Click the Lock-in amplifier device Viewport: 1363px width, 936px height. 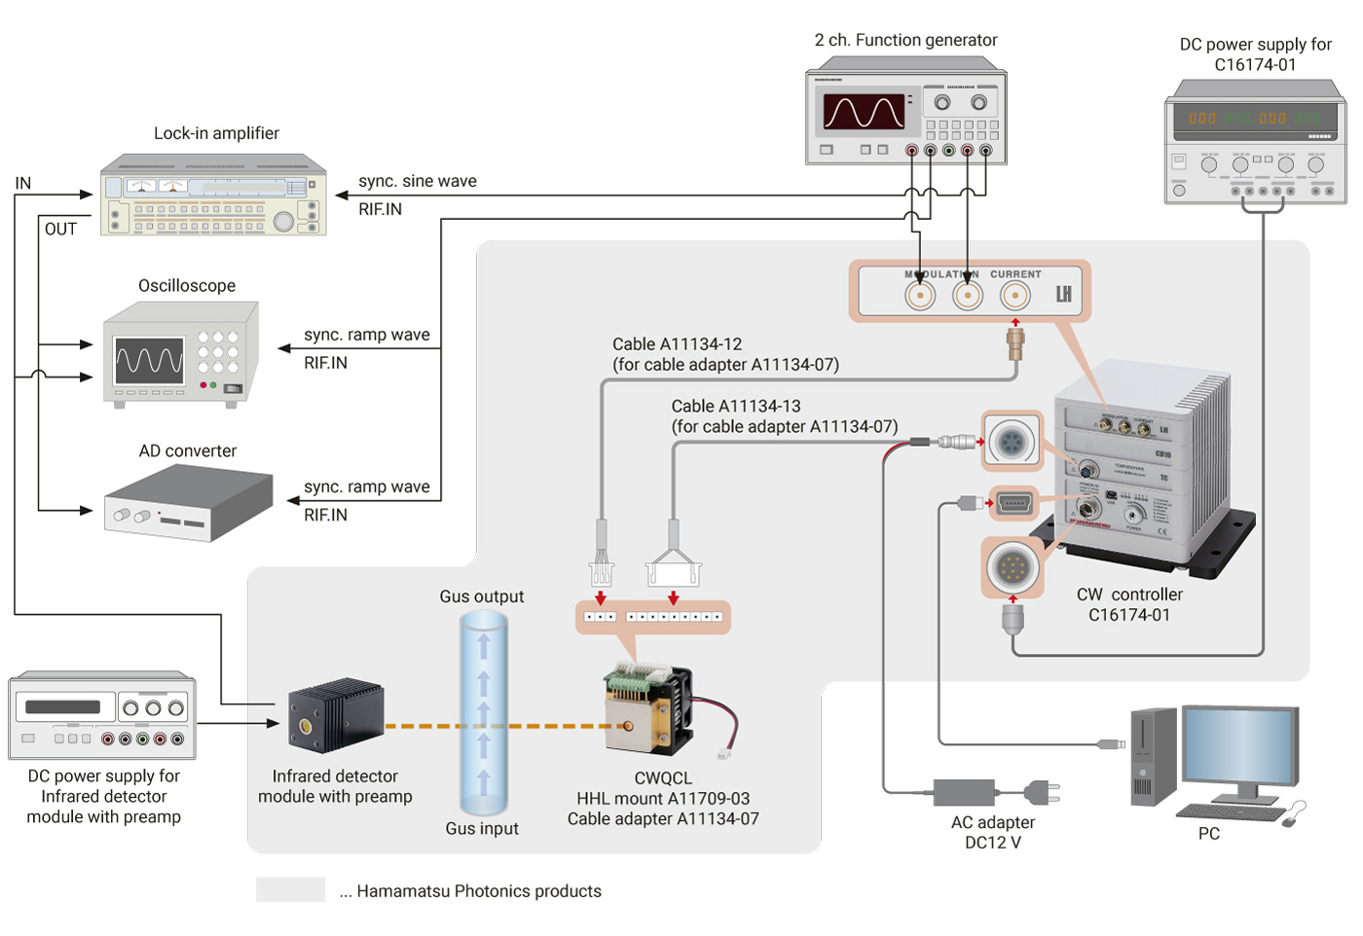pos(213,196)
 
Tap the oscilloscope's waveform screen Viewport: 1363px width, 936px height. pos(149,361)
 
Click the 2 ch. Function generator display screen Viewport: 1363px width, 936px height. pos(864,112)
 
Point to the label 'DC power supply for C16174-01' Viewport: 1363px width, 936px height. pos(1255,54)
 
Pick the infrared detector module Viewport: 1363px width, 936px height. pos(335,715)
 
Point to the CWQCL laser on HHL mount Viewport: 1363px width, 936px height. pos(648,710)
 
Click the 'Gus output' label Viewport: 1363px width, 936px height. pos(481,596)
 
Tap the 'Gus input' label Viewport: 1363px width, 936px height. pos(482,828)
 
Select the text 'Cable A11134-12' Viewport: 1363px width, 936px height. pos(677,344)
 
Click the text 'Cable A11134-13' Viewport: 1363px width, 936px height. pos(735,406)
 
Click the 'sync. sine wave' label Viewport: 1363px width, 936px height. pos(417,181)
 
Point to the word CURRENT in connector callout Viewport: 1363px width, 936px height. pos(1015,274)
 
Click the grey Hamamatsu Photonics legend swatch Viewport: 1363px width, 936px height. pos(290,889)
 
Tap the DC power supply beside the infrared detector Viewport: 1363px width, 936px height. pos(102,716)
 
